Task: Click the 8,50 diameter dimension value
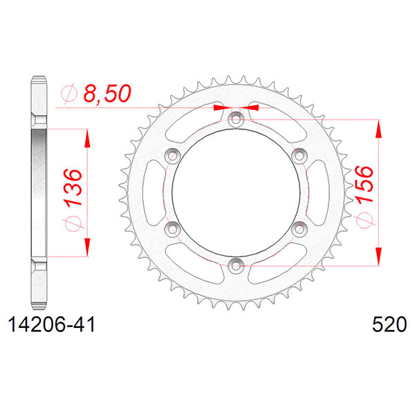[x=107, y=93]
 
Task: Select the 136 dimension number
[x=73, y=187]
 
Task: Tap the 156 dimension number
[x=365, y=185]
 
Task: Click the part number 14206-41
[x=52, y=325]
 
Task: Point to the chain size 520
[x=389, y=324]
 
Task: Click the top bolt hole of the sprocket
[x=236, y=120]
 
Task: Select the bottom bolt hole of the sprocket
[x=236, y=266]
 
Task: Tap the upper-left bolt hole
[x=172, y=156]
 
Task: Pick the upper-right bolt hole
[x=299, y=156]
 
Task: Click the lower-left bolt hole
[x=172, y=229]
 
